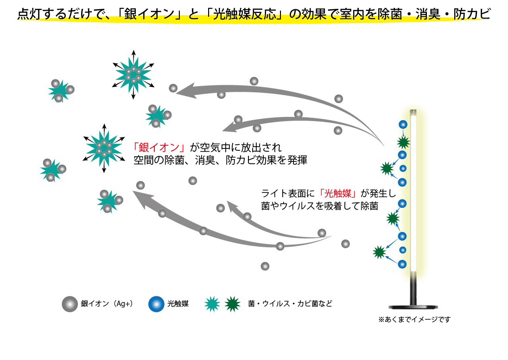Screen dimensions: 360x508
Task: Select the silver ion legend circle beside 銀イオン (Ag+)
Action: tap(70, 304)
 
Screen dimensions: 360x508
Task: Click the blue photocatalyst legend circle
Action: tap(156, 304)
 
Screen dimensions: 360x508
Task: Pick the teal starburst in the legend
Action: tap(212, 304)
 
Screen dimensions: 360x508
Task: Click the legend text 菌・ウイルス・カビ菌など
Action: tap(290, 304)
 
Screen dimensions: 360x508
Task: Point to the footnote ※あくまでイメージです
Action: tap(414, 319)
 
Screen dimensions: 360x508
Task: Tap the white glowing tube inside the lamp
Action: tap(414, 195)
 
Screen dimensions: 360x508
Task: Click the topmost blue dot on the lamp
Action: tap(403, 125)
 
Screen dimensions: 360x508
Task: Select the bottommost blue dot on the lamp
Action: tap(403, 264)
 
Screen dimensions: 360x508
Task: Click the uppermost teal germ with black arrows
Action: tap(133, 74)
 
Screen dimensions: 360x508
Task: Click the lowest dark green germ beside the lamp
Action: tap(379, 252)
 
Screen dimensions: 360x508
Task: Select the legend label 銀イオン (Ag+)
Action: tap(107, 304)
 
